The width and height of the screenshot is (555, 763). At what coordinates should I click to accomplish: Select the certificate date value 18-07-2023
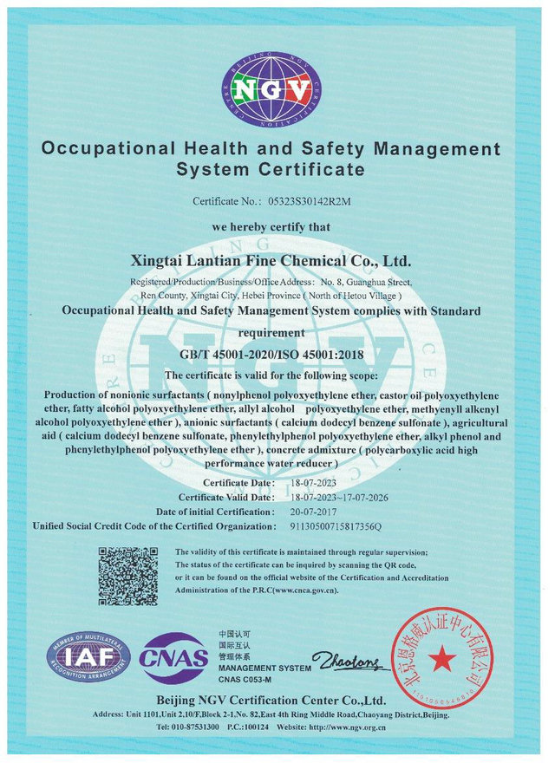tap(311, 483)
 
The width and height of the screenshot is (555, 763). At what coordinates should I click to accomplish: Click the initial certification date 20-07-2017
tap(311, 512)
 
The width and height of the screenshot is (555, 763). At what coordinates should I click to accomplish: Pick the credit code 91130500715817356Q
tap(334, 526)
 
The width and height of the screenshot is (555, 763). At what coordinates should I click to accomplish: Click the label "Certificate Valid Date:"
tap(226, 498)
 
